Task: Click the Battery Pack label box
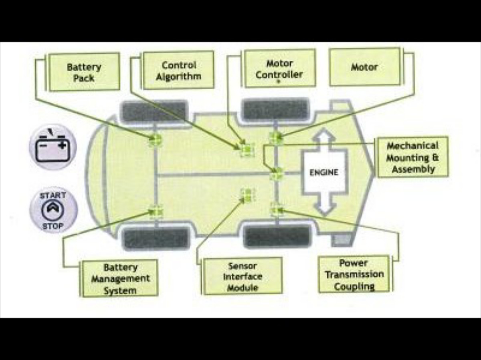(x=84, y=72)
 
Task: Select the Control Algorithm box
(x=178, y=70)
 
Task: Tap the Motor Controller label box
(x=279, y=68)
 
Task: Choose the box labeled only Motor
(x=364, y=67)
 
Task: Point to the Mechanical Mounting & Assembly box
(x=412, y=157)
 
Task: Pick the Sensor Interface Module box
(x=243, y=276)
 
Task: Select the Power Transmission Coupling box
(x=354, y=275)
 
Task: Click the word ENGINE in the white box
(x=324, y=173)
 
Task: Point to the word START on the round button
(x=53, y=196)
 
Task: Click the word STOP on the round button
(x=53, y=226)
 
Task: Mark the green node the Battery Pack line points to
(x=155, y=140)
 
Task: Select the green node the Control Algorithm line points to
(x=247, y=149)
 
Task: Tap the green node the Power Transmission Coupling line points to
(x=277, y=209)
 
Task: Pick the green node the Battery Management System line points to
(x=155, y=211)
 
